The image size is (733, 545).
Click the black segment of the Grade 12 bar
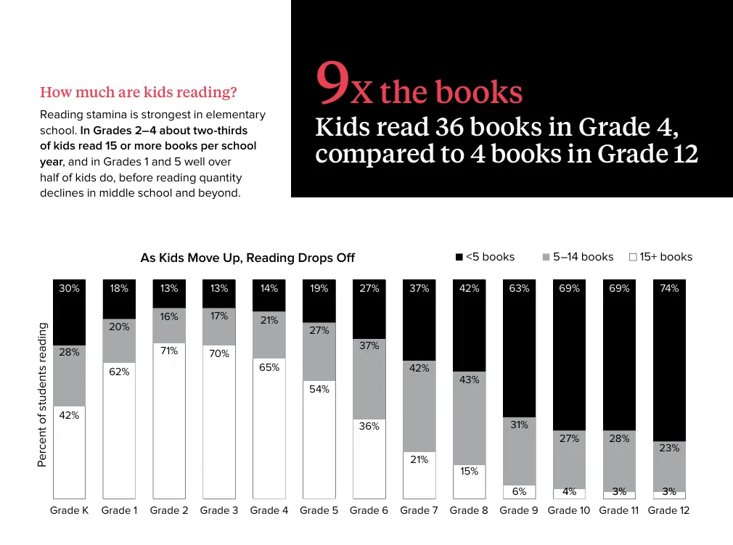[668, 363]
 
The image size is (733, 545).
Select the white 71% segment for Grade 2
[169, 421]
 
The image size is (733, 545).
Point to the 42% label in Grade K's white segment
[69, 416]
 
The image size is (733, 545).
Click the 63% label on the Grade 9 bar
[519, 288]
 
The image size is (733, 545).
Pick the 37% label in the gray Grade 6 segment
[369, 346]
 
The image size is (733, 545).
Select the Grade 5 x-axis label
[319, 510]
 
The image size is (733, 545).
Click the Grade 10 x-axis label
[569, 510]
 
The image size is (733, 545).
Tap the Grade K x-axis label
[69, 510]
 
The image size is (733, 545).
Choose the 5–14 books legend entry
[578, 257]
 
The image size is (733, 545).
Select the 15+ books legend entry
[660, 257]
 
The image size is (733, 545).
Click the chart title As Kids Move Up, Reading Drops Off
[247, 258]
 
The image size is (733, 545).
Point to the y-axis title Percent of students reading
[42, 395]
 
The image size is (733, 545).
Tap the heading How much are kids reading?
[139, 92]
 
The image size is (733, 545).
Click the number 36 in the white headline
[449, 128]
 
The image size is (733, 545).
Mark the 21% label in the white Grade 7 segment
[419, 459]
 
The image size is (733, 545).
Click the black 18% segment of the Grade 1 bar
[119, 299]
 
